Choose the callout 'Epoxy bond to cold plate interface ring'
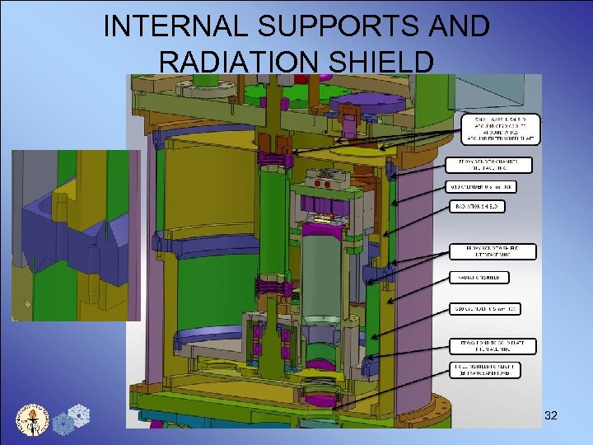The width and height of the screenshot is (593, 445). (x=491, y=346)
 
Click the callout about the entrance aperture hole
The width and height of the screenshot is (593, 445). (x=485, y=370)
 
